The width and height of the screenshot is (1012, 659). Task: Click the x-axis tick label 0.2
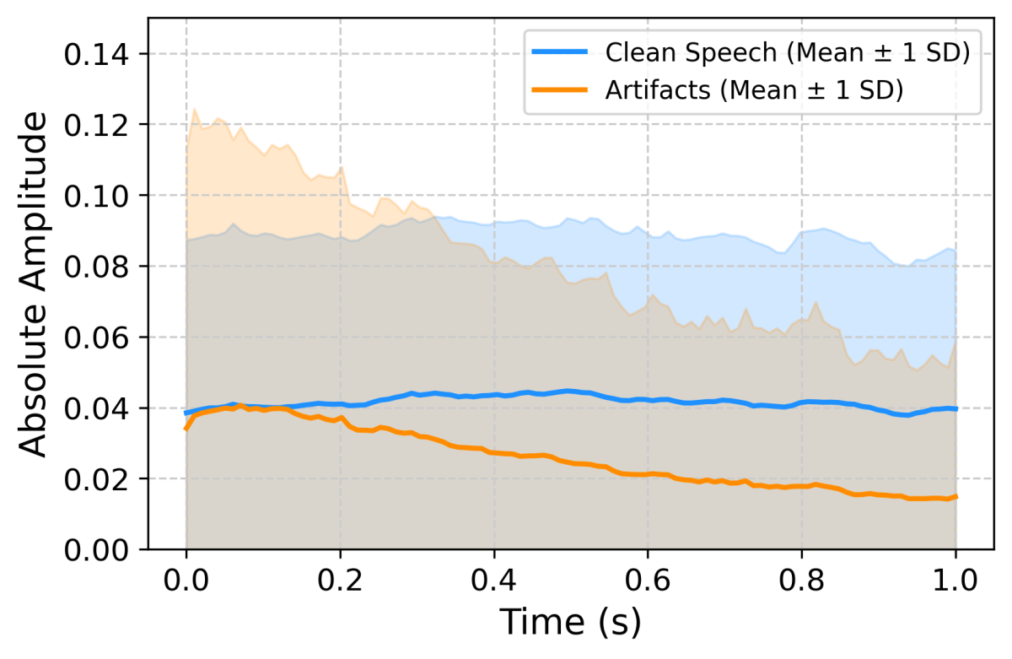pos(340,581)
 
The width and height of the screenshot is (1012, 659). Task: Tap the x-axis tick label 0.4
pos(494,581)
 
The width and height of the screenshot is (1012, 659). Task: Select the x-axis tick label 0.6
pos(648,581)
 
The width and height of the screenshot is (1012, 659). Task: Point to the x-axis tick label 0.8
pos(802,581)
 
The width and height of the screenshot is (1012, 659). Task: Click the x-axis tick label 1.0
pos(955,581)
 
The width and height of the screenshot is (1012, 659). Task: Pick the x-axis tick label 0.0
pos(186,581)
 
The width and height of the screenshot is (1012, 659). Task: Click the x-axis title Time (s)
pos(571,623)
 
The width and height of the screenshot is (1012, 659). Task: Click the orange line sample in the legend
pos(559,89)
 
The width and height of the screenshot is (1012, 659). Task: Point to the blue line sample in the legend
pos(559,52)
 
